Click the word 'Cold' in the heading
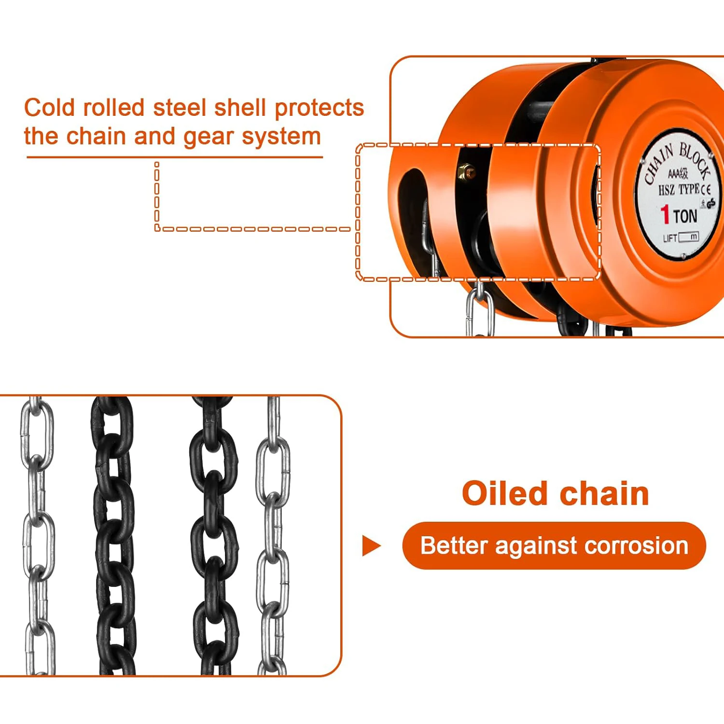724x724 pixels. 50,108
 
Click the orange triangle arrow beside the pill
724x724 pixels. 371,546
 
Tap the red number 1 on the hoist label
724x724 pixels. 665,214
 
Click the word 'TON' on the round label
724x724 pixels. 685,216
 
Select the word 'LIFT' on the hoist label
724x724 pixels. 670,238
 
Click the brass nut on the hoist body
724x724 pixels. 466,171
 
